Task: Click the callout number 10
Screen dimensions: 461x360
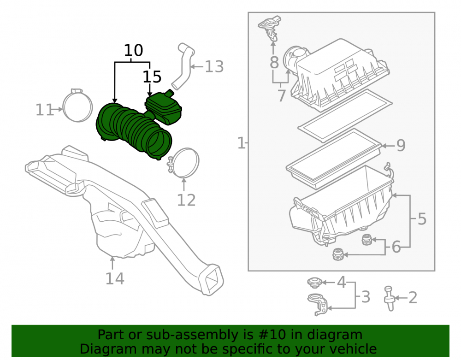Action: coord(134,50)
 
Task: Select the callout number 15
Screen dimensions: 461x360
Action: coord(152,77)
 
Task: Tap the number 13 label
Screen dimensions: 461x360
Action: coord(214,67)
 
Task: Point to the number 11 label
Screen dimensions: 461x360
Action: coord(44,110)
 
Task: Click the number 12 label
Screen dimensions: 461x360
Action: coord(186,201)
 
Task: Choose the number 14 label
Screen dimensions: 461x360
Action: coord(115,278)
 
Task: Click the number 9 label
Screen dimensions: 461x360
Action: coord(401,145)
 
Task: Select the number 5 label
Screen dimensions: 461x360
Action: coord(422,219)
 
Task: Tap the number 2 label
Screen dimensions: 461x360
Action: coord(413,298)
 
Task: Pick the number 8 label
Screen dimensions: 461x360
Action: coord(274,63)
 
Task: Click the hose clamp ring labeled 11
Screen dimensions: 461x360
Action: coord(77,106)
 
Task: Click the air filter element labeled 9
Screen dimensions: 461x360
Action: coord(333,159)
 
